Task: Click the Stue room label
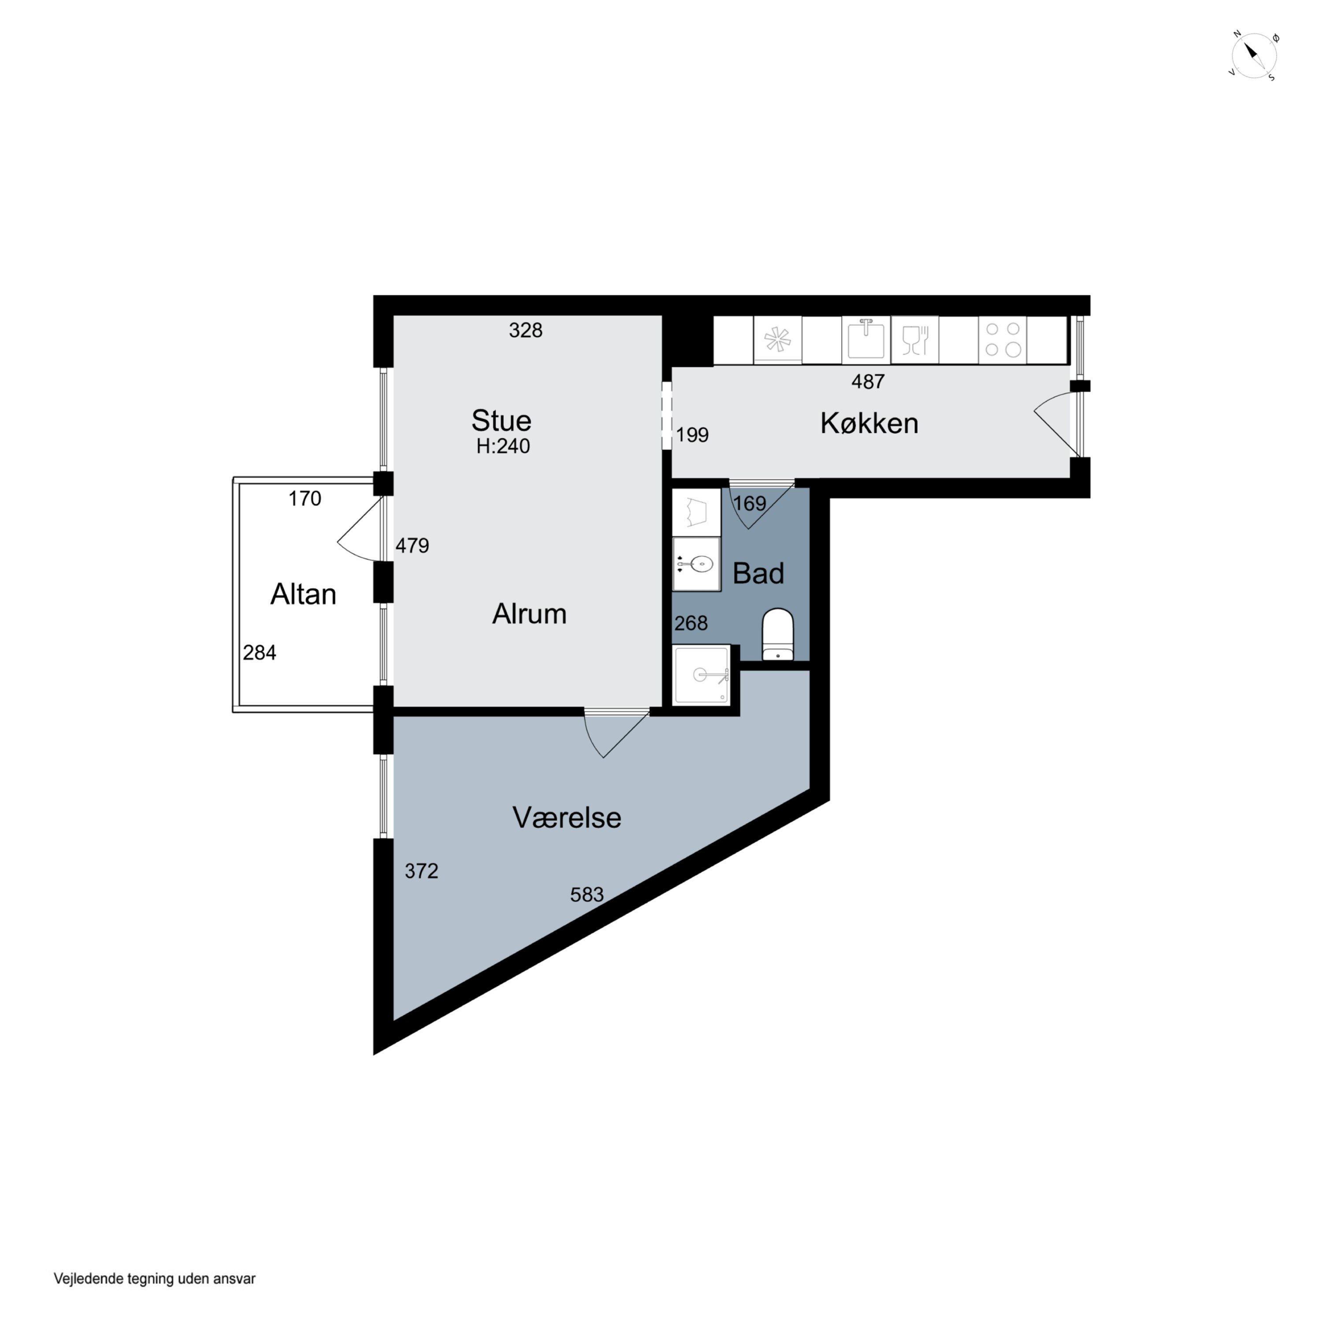(501, 420)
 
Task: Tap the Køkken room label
(869, 423)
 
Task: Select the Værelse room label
(567, 818)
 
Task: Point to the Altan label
(303, 594)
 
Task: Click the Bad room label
(758, 573)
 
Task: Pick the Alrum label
(529, 614)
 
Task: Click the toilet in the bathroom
(778, 634)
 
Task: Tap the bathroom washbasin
(697, 564)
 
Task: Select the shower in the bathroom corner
(702, 676)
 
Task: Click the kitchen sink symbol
(866, 339)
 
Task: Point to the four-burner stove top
(1003, 339)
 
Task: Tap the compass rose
(1254, 56)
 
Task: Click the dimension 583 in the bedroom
(587, 895)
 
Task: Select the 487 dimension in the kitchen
(868, 382)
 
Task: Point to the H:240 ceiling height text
(503, 446)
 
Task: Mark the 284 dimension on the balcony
(260, 653)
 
